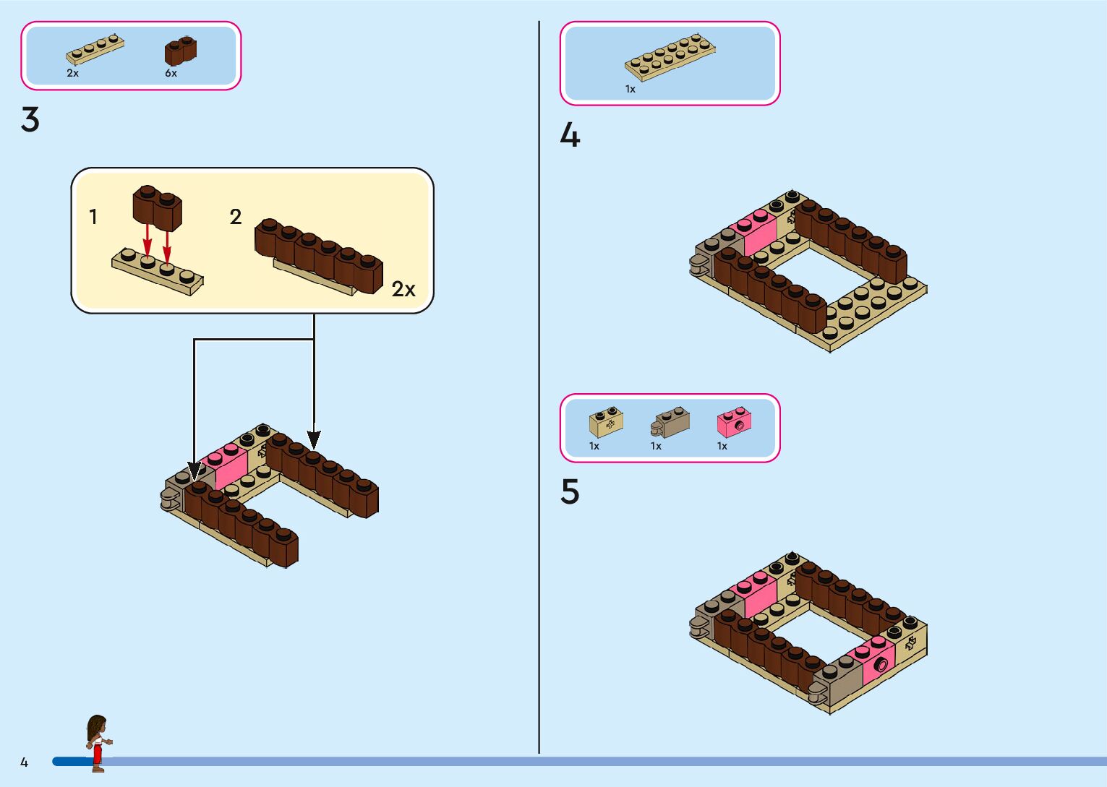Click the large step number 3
(x=30, y=120)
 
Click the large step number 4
(x=570, y=135)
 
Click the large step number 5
(x=570, y=492)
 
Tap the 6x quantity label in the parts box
(x=171, y=73)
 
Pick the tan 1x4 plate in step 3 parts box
(x=95, y=50)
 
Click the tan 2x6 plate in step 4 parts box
(x=670, y=56)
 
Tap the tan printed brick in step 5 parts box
(x=606, y=422)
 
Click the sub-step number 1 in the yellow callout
(x=93, y=217)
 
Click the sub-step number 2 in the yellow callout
(x=235, y=217)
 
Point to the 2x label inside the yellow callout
(x=403, y=290)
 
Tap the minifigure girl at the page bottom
(x=97, y=743)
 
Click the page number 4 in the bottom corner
(x=24, y=762)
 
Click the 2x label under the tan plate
(x=72, y=73)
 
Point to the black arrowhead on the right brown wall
(x=314, y=439)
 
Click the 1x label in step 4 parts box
(x=631, y=90)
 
